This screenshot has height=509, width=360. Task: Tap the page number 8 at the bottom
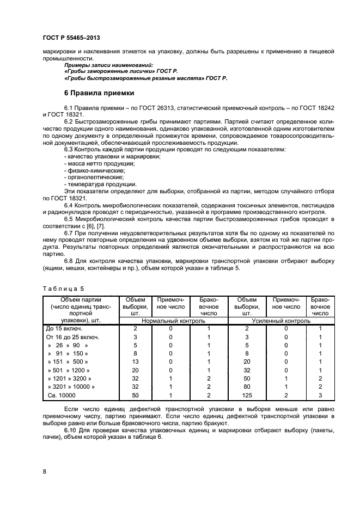point(44,471)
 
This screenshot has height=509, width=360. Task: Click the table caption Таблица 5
point(61,289)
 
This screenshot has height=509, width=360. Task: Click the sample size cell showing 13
point(135,361)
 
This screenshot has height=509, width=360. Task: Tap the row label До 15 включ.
point(64,329)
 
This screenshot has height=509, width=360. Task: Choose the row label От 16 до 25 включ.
point(69,337)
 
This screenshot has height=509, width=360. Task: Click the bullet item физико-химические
point(89,170)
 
